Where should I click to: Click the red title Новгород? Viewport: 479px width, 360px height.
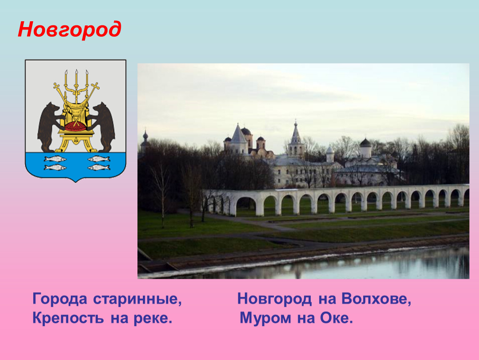pyautogui.click(x=70, y=30)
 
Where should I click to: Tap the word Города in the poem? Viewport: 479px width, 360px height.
pyautogui.click(x=60, y=299)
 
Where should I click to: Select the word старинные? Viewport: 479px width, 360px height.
pyautogui.click(x=137, y=299)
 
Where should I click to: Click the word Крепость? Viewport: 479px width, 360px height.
pyautogui.click(x=68, y=318)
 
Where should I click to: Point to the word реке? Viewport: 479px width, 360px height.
pyautogui.click(x=153, y=318)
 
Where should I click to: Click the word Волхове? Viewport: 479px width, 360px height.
pyautogui.click(x=377, y=299)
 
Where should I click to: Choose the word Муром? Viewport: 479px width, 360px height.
pyautogui.click(x=265, y=318)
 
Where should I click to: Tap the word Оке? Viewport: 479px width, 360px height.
pyautogui.click(x=336, y=318)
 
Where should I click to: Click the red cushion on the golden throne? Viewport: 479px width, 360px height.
pyautogui.click(x=75, y=126)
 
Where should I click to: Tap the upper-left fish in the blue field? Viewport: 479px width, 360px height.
pyautogui.click(x=55, y=159)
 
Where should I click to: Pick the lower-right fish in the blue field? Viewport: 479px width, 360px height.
pyautogui.click(x=99, y=167)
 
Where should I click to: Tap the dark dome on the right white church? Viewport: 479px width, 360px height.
pyautogui.click(x=365, y=143)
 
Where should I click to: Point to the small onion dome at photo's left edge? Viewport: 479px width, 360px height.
pyautogui.click(x=145, y=135)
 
